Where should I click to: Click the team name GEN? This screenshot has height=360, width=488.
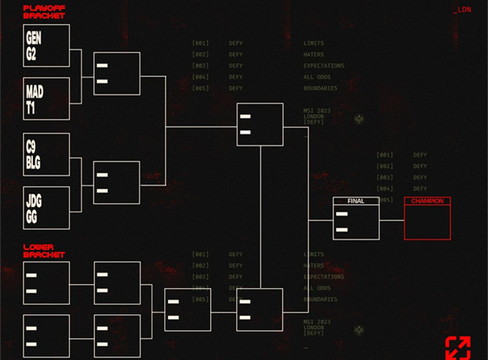tap(34, 37)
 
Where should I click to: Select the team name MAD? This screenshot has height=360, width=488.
tap(35, 91)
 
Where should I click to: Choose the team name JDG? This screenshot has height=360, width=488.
tap(35, 199)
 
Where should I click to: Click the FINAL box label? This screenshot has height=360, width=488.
tap(356, 201)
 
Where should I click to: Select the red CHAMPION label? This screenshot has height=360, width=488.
tap(427, 201)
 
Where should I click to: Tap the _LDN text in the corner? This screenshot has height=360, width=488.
tap(462, 10)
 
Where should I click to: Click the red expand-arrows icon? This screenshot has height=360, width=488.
tap(457, 347)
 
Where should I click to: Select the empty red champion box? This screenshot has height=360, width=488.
tap(427, 222)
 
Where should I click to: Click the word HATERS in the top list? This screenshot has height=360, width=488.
tap(314, 55)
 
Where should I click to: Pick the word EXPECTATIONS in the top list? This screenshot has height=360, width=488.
tap(324, 66)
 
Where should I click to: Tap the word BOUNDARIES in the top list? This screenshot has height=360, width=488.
tap(320, 88)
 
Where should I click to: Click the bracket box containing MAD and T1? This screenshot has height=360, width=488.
tap(47, 99)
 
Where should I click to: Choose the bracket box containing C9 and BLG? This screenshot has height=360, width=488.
tap(47, 154)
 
